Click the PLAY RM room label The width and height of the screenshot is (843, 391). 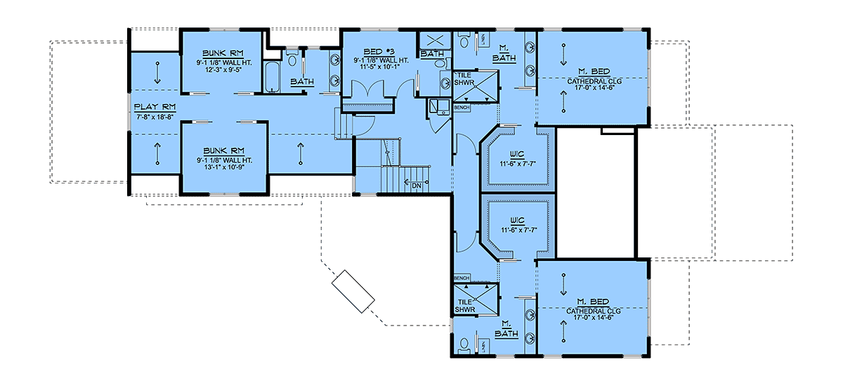tap(155, 108)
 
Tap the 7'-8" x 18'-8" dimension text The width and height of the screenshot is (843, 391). tap(155, 117)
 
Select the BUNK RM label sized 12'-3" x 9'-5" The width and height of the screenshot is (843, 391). tap(223, 53)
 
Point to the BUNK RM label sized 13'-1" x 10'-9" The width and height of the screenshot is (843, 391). tap(224, 151)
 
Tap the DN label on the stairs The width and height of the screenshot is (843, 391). tap(417, 186)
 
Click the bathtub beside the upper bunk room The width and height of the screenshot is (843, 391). tap(272, 77)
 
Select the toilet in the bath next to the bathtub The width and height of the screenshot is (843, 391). tap(292, 59)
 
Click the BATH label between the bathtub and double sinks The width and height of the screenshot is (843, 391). tap(302, 82)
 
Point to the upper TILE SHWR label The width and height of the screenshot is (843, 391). tap(464, 79)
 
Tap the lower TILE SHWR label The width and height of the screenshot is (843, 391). tap(465, 306)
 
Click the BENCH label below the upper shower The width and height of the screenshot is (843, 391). tap(462, 108)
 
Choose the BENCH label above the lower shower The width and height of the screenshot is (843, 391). tap(462, 278)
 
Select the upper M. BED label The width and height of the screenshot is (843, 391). tap(594, 72)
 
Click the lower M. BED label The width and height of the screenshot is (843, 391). tap(593, 302)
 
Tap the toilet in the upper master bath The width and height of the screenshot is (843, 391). tap(464, 40)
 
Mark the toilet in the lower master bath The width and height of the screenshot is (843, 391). tap(464, 345)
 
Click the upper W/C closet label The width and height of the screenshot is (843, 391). tap(518, 155)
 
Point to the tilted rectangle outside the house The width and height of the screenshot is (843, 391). tap(353, 292)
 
